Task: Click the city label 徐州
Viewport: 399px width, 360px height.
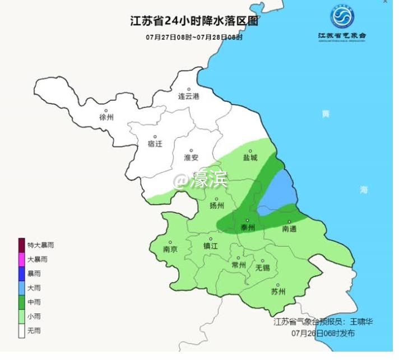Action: point(106,118)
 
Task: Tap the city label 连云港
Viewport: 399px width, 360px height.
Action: point(189,96)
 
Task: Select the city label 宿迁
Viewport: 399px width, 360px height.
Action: point(155,144)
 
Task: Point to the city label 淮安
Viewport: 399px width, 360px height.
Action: point(192,158)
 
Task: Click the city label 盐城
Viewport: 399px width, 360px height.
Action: point(250,158)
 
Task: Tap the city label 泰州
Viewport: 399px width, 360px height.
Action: point(248,227)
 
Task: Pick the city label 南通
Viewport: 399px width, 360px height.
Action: point(289,229)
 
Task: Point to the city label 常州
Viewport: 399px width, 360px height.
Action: point(239,265)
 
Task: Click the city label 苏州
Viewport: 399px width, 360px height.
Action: point(278,292)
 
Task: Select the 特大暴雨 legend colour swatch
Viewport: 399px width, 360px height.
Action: point(22,245)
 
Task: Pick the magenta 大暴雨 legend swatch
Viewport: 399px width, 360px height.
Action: point(22,259)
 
